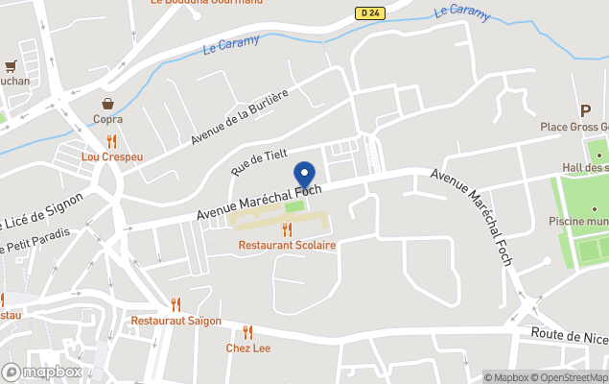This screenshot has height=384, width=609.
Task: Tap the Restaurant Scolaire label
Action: point(287,246)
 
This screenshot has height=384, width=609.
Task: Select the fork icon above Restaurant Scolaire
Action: point(287,230)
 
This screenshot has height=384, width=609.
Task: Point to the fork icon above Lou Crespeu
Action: point(111,141)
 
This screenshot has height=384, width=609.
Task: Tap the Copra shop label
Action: point(107,119)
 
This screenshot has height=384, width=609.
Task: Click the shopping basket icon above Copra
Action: point(109,104)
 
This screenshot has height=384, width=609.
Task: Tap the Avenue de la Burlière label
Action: point(239,117)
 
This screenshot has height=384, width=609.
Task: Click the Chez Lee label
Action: point(248,348)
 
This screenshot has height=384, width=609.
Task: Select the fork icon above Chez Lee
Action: point(247,332)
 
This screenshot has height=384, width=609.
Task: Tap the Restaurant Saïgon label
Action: point(176,321)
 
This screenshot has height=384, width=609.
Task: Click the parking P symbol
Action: point(585,111)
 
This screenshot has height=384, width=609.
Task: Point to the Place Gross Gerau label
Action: point(574,128)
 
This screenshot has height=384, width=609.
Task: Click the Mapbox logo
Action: point(41,372)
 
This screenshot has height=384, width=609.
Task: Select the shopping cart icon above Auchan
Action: point(11,66)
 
